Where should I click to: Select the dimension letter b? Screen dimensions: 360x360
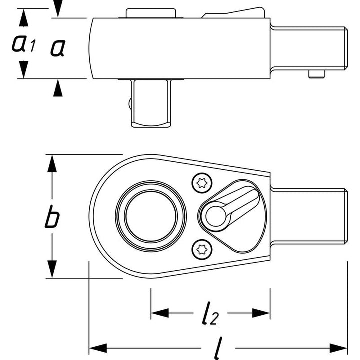tap(51, 218)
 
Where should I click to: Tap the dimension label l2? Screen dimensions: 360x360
tap(210, 314)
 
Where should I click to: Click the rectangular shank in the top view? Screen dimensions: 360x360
tap(309, 215)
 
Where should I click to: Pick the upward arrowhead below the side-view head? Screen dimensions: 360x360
tap(59, 89)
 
